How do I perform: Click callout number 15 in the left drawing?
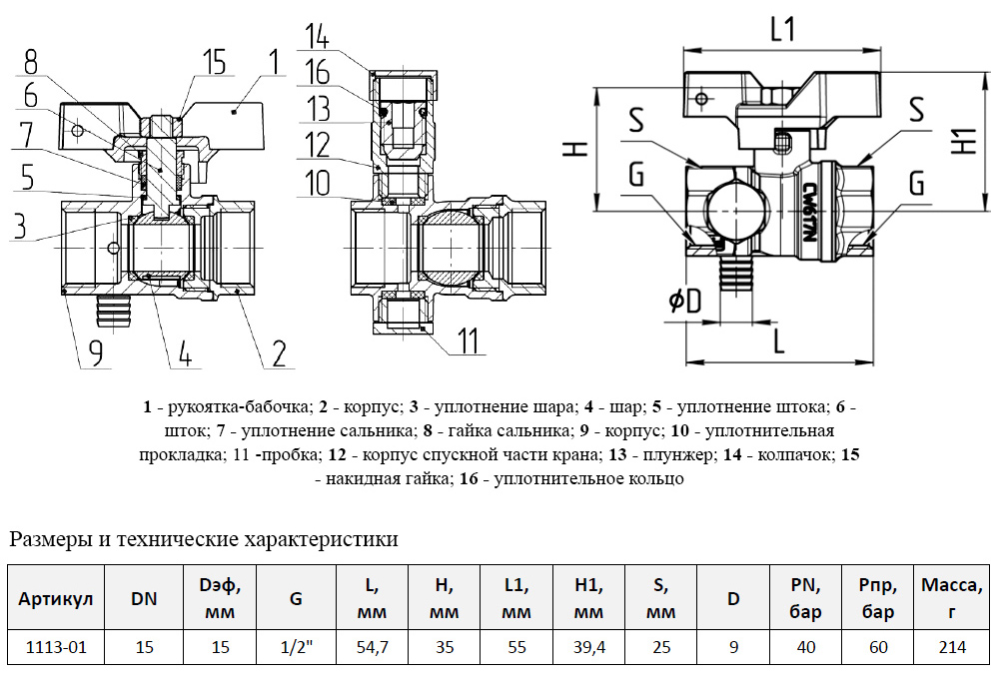point(214,62)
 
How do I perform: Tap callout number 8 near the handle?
point(31,61)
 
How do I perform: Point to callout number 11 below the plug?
point(469,342)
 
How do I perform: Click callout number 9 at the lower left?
point(95,351)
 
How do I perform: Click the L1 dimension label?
point(782,31)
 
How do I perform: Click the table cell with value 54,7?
point(372,647)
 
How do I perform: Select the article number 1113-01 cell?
point(56,647)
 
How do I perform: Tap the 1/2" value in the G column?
point(296,647)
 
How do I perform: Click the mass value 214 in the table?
point(952,647)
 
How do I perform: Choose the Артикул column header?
point(56,598)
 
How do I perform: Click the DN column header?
point(144,598)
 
